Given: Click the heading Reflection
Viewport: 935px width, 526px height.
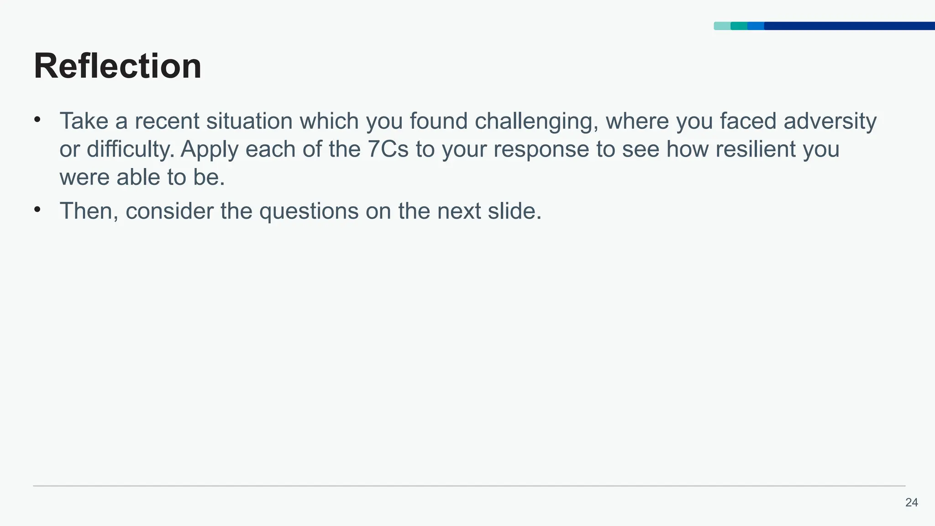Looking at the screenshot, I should [117, 66].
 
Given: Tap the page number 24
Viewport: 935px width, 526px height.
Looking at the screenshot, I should [911, 503].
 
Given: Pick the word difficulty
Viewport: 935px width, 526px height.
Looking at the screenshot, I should [130, 149].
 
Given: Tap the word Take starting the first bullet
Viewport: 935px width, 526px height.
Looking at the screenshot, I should [84, 121].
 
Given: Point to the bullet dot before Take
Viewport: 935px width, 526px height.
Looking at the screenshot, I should [37, 120].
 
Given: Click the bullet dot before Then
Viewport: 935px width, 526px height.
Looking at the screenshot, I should [37, 210].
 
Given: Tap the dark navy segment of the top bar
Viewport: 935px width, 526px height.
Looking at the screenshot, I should [849, 26].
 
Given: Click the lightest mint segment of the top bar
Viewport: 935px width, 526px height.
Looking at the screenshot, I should [722, 26].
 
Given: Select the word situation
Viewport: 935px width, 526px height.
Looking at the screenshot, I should [249, 121].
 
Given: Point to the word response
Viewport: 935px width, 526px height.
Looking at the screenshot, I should [541, 149].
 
